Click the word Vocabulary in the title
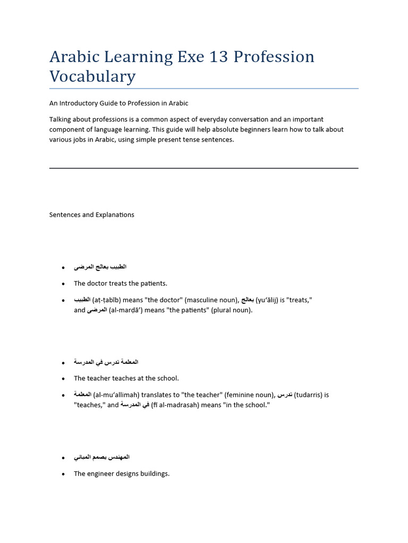[x=92, y=76]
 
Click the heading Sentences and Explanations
[x=91, y=215]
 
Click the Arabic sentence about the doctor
[x=100, y=267]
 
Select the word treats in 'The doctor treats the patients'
[x=120, y=283]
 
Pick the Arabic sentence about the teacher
[x=106, y=362]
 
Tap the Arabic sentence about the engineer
[x=101, y=457]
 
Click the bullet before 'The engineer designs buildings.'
[x=63, y=474]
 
